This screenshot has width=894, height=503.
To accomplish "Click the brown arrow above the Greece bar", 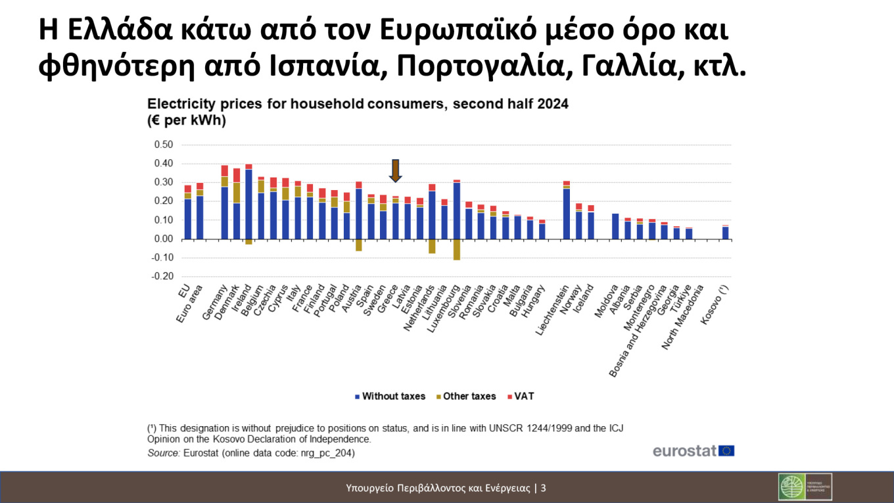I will [x=395, y=170].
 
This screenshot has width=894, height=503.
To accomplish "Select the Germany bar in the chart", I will [x=225, y=204].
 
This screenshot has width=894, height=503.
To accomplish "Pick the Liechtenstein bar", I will [x=567, y=210].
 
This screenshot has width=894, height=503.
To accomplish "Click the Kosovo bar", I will [x=725, y=232].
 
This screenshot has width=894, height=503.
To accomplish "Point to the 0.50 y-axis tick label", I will [x=163, y=145].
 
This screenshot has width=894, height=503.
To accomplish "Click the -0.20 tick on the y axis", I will [x=162, y=277].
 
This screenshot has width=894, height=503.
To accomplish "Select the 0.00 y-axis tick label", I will [x=163, y=239].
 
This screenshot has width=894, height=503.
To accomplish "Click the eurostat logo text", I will [x=684, y=451].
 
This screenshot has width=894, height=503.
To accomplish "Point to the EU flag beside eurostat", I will [x=726, y=451].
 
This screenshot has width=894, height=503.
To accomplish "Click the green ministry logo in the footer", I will [x=805, y=487].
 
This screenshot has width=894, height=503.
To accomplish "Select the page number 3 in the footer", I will [x=544, y=488].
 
